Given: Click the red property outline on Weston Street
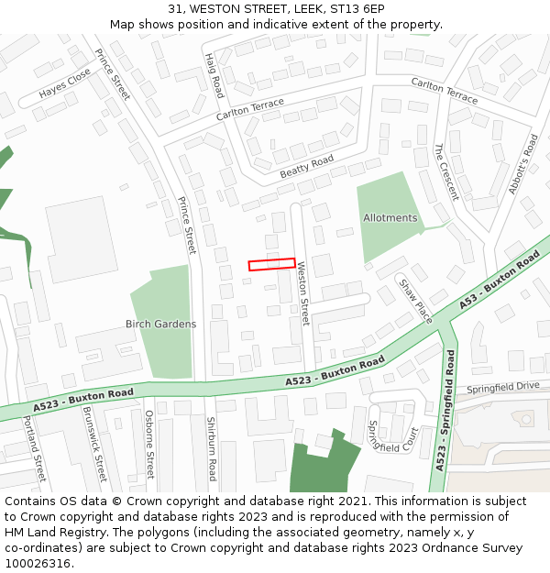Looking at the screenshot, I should pos(271,264).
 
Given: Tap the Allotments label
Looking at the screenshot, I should pos(390,218).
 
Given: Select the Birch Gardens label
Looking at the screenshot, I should pos(160,324).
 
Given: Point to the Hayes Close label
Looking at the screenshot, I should pos(65,83).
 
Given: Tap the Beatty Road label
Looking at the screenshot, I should pos(306,166).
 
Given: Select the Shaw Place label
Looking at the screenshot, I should pos(415,300).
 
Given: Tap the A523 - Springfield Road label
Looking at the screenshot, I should pos(445,410).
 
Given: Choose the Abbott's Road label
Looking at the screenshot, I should pos(523,164).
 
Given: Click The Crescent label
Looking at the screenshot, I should pos(445,171).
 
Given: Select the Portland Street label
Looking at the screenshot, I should pos(34,448).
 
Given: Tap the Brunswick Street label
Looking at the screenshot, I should pos(94,445).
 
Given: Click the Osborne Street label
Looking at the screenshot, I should pos(149,444).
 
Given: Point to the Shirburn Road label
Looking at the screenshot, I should pos(210,448).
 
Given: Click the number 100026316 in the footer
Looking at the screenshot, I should pos(38,564).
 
